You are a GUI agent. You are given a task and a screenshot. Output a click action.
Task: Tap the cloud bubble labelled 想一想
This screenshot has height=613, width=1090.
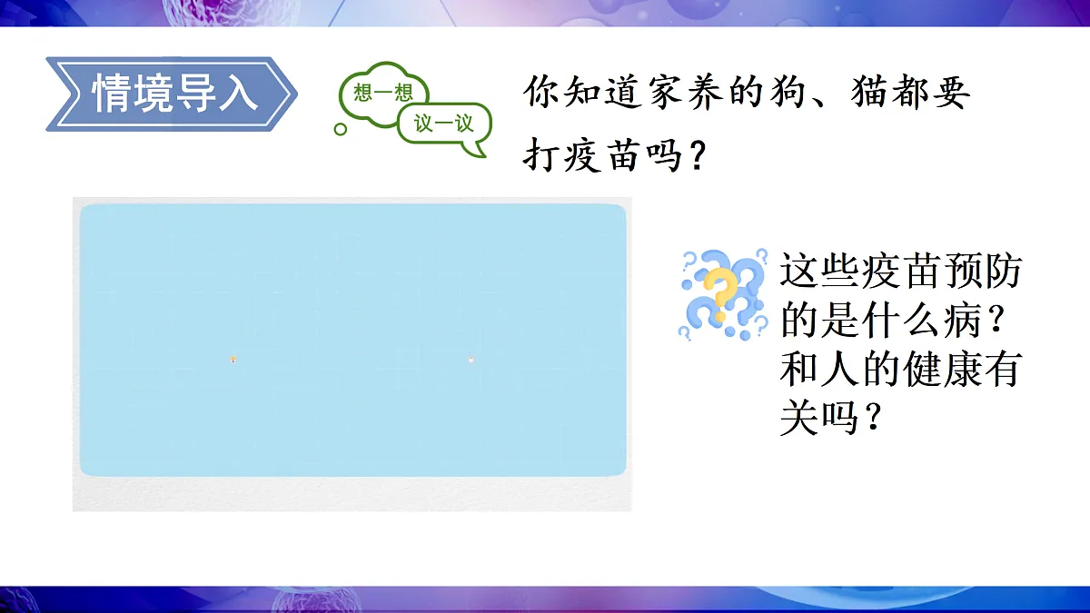pos(376,92)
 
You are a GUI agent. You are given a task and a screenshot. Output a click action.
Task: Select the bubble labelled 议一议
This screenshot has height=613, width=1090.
pos(444,124)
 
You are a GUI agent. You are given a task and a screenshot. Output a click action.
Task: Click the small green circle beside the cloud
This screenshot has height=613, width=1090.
pos(341,130)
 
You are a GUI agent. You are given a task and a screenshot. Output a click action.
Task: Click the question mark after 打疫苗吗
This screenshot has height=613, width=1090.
pos(696,156)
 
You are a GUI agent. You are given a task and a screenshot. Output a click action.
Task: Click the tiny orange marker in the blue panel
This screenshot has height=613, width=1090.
pos(233,360)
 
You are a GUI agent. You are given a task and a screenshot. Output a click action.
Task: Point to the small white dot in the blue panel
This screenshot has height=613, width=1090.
pos(471,361)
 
